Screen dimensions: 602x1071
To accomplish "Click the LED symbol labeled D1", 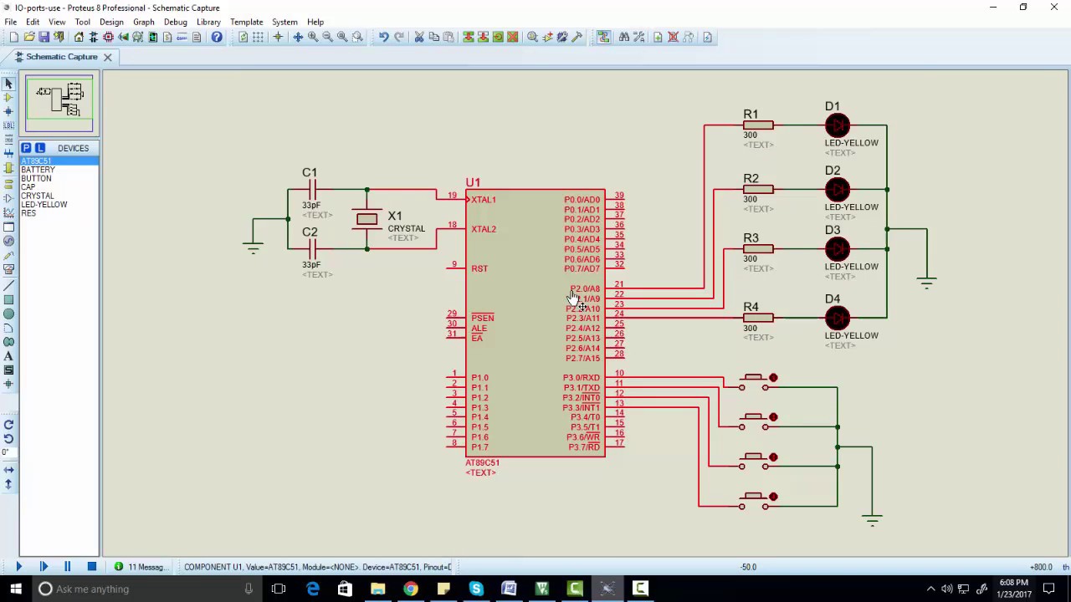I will point(837,125).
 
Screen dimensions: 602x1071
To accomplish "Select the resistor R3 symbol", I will point(757,249).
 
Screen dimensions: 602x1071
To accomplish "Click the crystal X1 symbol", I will point(366,219).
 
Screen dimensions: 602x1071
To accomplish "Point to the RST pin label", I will point(479,268).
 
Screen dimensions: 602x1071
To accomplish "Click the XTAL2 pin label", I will point(483,229).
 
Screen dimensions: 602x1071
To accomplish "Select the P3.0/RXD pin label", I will point(581,378).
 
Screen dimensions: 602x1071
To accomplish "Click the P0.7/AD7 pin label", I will point(582,269).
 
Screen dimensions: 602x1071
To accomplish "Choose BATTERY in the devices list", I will point(38,170).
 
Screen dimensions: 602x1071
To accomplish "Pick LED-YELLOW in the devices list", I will point(44,205).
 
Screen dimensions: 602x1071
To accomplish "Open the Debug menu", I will point(175,22).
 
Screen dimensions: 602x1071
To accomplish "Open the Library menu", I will point(208,22).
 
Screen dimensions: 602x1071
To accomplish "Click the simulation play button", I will point(18,567).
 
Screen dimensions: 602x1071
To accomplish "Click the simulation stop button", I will point(92,567).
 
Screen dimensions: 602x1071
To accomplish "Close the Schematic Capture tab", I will point(107,57).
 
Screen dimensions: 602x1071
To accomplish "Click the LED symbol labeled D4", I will point(837,318).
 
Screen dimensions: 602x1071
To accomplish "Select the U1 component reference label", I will point(473,182).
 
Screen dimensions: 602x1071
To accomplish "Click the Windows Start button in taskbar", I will point(16,589).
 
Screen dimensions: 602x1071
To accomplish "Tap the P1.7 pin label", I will point(479,447).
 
